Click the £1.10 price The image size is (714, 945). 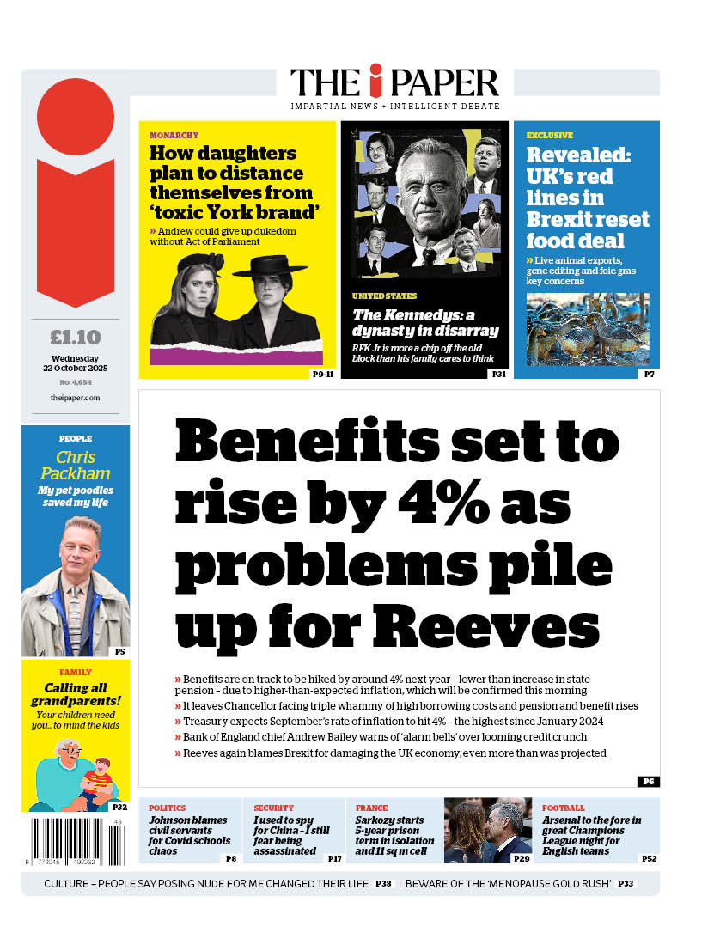(76, 337)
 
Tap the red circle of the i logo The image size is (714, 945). (76, 117)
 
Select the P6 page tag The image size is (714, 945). (648, 781)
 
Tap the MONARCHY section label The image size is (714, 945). (174, 135)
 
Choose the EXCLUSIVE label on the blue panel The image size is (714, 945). (550, 135)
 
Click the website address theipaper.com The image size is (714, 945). (75, 398)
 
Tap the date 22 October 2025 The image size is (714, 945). (76, 369)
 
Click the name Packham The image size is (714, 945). (76, 473)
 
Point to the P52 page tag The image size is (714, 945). (650, 858)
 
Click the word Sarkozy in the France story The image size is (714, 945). (379, 820)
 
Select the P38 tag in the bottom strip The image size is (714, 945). (383, 883)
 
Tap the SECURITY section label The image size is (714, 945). (273, 808)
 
